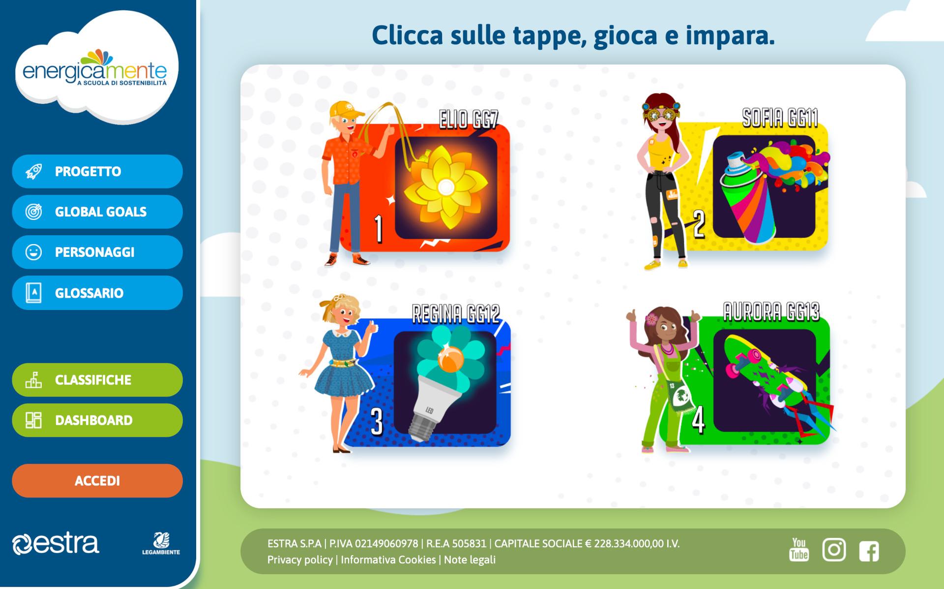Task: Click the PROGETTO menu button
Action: (97, 171)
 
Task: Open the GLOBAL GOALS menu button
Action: (97, 212)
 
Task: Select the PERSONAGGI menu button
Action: (97, 252)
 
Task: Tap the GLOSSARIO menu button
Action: (97, 293)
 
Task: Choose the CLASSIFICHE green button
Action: (97, 380)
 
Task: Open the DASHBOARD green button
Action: (97, 420)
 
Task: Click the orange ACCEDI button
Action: (97, 481)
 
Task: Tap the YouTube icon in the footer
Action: (799, 550)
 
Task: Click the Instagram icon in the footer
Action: (834, 550)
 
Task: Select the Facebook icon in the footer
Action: (869, 551)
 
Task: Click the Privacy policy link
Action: (300, 559)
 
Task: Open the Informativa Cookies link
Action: (388, 559)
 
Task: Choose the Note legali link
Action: (470, 559)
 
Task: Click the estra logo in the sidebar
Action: (56, 544)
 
